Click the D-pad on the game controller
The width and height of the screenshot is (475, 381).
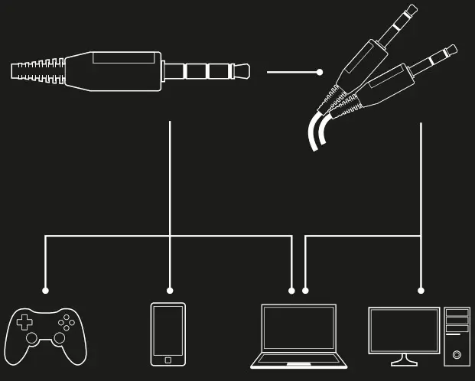[25, 321]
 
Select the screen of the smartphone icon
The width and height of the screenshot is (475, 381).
[168, 330]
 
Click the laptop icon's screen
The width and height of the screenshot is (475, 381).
[298, 328]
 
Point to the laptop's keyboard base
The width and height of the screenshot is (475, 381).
[298, 360]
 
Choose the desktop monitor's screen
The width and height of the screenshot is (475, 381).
[404, 329]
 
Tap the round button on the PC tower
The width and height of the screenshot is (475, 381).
[457, 354]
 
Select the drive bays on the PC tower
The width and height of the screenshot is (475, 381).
[457, 320]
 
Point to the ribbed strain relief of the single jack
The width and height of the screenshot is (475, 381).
[37, 71]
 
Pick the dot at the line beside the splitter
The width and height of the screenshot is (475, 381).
[320, 73]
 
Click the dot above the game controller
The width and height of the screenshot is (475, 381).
[45, 291]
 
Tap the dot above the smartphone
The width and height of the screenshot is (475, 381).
[170, 291]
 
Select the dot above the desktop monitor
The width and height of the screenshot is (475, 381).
[421, 291]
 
